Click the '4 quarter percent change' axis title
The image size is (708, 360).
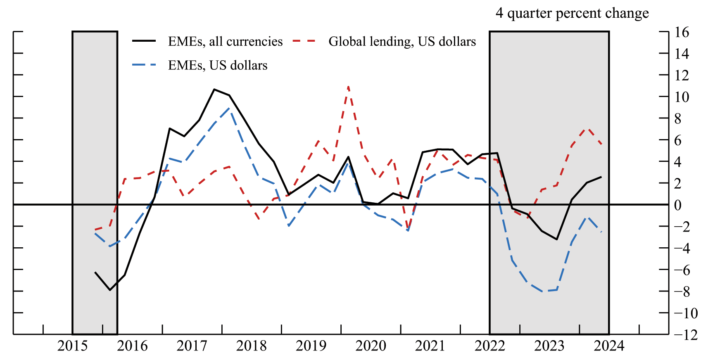(x=572, y=13)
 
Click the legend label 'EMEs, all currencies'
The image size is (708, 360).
(x=225, y=41)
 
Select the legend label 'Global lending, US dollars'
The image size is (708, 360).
(x=402, y=41)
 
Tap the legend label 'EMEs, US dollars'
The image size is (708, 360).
(x=218, y=65)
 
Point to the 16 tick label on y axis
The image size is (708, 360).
(x=682, y=32)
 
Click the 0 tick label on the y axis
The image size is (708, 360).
(x=677, y=205)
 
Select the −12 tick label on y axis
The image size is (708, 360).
(x=685, y=334)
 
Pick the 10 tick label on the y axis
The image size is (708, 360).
(x=682, y=97)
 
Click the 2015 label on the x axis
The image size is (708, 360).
(x=73, y=346)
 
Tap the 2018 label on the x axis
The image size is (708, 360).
(x=252, y=346)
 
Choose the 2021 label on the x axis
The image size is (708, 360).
(x=430, y=346)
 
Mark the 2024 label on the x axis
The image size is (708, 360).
(x=609, y=346)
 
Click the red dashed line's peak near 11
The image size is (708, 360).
(x=348, y=87)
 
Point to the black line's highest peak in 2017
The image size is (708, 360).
(x=214, y=89)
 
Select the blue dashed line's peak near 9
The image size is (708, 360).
(x=229, y=108)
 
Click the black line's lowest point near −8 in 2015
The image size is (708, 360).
(x=110, y=290)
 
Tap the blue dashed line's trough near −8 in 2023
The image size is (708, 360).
(x=542, y=291)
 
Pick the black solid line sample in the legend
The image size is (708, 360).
(x=144, y=41)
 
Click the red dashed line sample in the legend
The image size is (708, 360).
(x=304, y=41)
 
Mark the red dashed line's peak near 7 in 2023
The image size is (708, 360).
(x=587, y=129)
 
